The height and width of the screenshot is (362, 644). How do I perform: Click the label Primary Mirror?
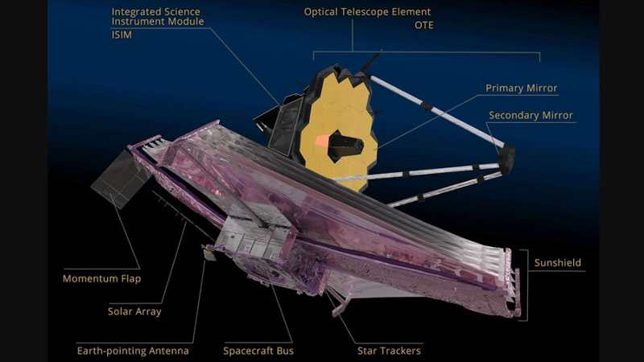(x=521, y=88)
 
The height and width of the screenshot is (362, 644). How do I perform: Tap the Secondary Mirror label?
(x=530, y=115)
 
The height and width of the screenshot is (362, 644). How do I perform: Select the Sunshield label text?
(x=558, y=263)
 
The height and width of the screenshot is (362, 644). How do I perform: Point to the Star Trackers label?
(x=389, y=351)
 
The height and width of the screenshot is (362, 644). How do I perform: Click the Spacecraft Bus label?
(x=258, y=351)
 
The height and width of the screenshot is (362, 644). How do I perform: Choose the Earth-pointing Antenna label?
(x=133, y=351)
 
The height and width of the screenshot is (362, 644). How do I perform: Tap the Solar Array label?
(x=134, y=311)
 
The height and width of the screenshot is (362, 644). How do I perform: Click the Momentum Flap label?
(x=101, y=278)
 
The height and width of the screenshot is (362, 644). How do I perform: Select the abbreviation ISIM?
(x=122, y=35)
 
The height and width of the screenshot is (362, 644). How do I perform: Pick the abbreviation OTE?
(x=424, y=25)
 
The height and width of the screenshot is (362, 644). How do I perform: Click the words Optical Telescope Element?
(x=367, y=12)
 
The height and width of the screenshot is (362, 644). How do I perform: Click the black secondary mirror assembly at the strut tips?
(x=506, y=158)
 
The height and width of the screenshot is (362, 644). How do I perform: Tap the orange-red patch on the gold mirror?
(x=322, y=141)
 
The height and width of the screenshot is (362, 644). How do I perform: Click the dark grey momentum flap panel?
(x=121, y=179)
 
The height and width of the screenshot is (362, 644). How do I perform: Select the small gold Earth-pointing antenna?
(x=209, y=253)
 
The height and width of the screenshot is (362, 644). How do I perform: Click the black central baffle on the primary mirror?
(x=345, y=146)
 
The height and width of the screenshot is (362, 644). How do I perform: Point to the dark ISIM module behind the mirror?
(x=279, y=123)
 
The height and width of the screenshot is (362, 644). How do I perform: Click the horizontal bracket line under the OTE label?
(x=427, y=52)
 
